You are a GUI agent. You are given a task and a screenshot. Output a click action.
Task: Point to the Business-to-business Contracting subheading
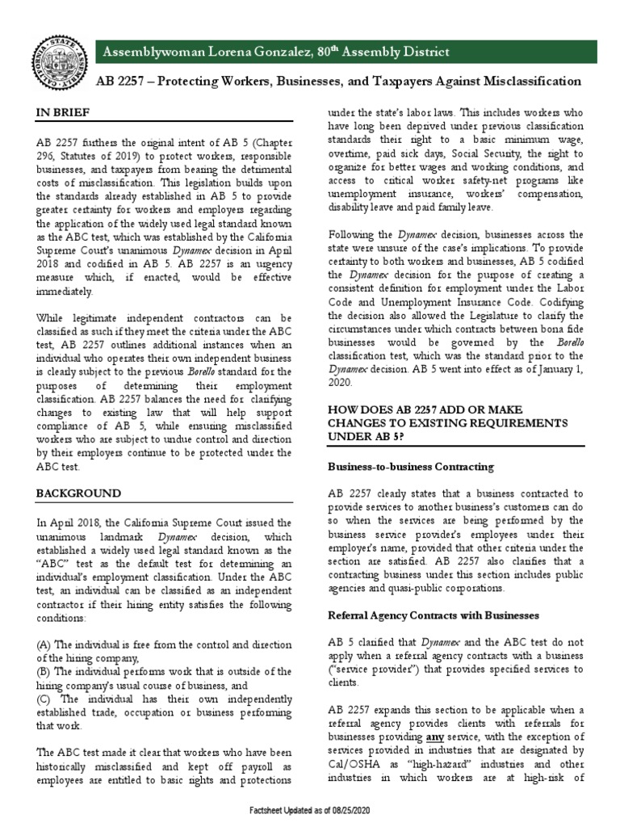click(x=410, y=468)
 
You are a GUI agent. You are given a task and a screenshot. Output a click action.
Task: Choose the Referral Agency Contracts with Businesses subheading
click(x=427, y=615)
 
